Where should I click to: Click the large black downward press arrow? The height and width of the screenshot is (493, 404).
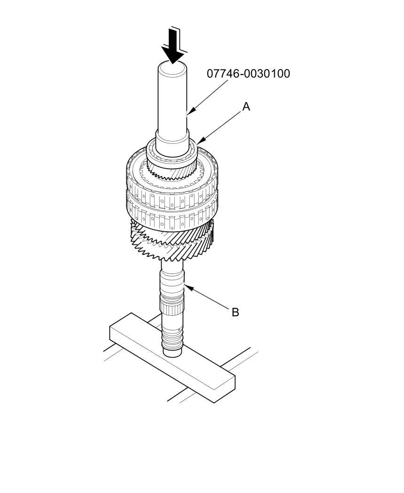coord(173,47)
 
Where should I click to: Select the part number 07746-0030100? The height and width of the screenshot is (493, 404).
coord(249,74)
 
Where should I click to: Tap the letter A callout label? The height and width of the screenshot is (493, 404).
coord(246,107)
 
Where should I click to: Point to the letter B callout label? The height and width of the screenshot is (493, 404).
coord(235,312)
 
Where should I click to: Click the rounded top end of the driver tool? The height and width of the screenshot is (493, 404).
coord(172,69)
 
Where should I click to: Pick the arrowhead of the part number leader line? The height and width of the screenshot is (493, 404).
coord(188,113)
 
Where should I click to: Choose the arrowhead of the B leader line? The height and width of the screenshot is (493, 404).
coord(186,285)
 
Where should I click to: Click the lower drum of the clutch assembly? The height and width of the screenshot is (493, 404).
coord(171,211)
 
